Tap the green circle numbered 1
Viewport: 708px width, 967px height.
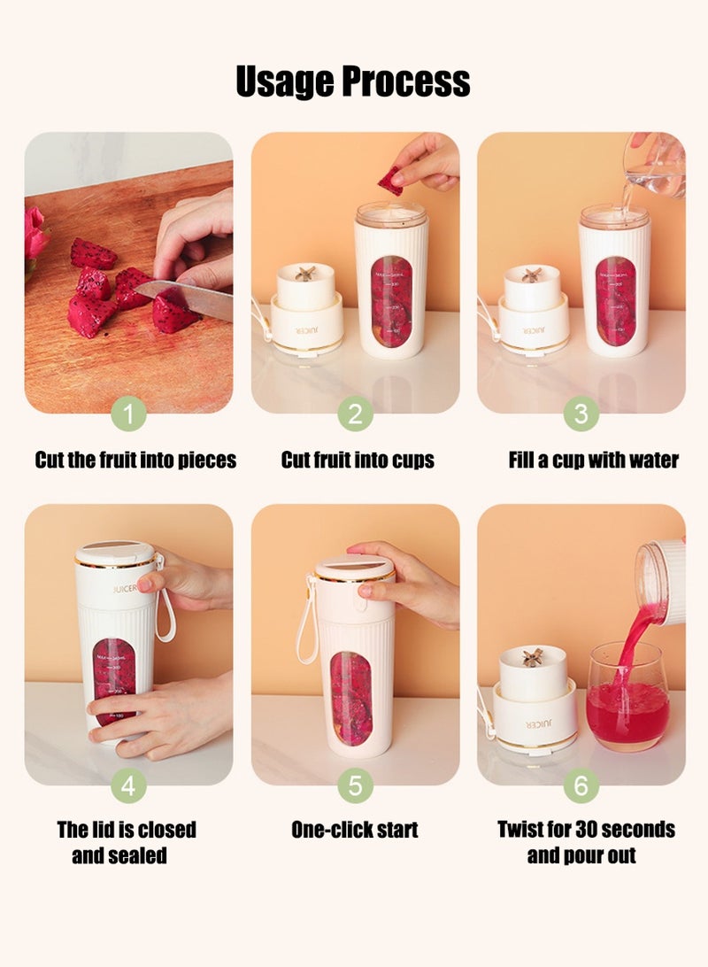(129, 414)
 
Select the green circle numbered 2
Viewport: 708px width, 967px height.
(355, 414)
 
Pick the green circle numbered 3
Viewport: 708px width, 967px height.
(581, 414)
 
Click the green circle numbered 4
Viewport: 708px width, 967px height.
(129, 785)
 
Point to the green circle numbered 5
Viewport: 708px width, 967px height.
(355, 785)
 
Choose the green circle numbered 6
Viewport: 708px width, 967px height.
(581, 785)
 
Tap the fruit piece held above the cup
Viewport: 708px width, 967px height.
(390, 180)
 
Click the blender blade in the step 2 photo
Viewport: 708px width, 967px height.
(305, 274)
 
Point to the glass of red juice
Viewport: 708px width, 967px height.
(627, 696)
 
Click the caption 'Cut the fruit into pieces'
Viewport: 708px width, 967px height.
(135, 460)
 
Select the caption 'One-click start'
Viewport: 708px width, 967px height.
(355, 830)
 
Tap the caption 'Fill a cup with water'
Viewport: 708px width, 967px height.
(593, 460)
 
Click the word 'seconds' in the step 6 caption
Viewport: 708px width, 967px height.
(638, 830)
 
